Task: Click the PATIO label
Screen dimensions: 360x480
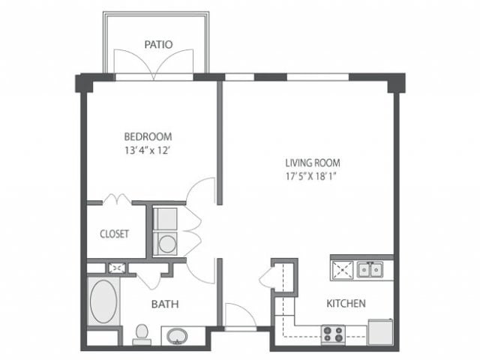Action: [x=158, y=44]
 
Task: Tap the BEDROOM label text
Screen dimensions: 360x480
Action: [x=148, y=136]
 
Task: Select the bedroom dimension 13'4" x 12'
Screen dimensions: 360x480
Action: [x=148, y=150]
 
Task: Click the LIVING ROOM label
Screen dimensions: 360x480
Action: [x=313, y=163]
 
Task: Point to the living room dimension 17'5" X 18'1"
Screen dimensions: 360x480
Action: [x=313, y=177]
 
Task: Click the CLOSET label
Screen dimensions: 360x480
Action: [x=115, y=233]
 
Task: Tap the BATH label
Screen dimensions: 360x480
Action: [x=164, y=304]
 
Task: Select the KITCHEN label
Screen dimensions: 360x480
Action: [x=346, y=304]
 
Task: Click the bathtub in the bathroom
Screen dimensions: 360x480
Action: [x=103, y=301]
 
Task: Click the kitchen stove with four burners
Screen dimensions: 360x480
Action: [x=332, y=334]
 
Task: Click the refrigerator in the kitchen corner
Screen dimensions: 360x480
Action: [x=381, y=331]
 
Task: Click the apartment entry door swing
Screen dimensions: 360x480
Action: [x=239, y=315]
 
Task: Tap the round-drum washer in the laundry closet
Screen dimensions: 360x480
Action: [x=166, y=243]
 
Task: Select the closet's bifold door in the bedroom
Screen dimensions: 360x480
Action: [x=116, y=199]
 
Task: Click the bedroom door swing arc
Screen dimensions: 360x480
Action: [x=201, y=190]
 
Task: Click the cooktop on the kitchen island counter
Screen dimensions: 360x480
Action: [x=342, y=268]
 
